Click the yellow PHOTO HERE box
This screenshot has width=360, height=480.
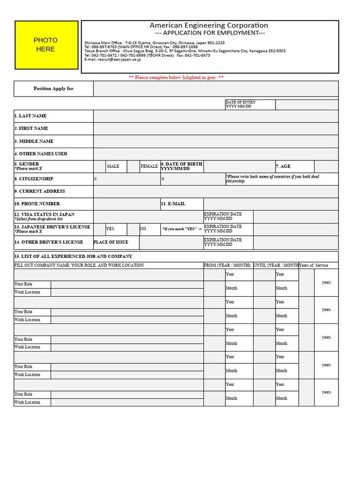pos(46,45)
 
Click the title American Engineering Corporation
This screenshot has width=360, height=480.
pos(209,25)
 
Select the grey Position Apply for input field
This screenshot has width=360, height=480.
pos(216,89)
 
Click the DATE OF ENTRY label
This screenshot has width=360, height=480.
pos(240,104)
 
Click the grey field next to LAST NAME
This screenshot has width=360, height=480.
pos(216,116)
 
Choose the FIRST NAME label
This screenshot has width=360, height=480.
pos(31,128)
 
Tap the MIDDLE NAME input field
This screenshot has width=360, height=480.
pos(216,141)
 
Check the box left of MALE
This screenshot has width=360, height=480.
pos(99,166)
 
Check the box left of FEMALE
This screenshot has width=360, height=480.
pos(134,166)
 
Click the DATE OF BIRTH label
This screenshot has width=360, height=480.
pos(182,166)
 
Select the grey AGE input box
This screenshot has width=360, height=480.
pos(326,166)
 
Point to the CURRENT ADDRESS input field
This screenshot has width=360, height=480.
pos(216,191)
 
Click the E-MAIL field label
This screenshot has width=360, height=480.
pos(173,204)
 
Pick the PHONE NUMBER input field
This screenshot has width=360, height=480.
pos(127,204)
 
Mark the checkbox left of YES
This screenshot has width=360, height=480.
pos(99,229)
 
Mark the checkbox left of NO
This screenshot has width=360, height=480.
pos(134,229)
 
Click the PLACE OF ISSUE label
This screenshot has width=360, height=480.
pos(110,242)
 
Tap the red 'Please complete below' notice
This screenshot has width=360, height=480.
pos(176,77)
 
